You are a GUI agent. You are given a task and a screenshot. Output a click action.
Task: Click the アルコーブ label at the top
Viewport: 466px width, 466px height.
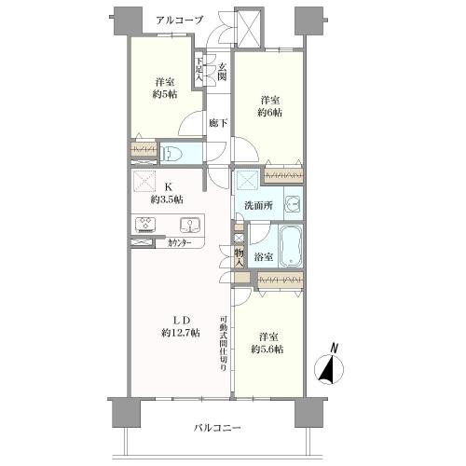pyautogui.click(x=180, y=19)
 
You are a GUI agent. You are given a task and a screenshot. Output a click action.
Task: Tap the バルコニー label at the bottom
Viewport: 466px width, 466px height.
pyautogui.click(x=217, y=428)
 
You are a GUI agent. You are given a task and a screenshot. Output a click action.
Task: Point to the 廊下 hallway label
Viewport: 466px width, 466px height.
pyautogui.click(x=215, y=122)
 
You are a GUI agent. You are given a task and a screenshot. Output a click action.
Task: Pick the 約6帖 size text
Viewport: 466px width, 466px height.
pyautogui.click(x=271, y=113)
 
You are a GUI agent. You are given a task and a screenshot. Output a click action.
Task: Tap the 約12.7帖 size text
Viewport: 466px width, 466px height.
pyautogui.click(x=180, y=333)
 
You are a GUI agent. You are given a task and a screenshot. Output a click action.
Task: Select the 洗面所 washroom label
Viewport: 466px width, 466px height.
pyautogui.click(x=258, y=205)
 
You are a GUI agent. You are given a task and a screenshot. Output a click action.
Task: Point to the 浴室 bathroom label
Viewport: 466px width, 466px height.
pyautogui.click(x=264, y=256)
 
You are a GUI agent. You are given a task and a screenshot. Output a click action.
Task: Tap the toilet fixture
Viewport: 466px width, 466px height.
pyautogui.click(x=172, y=154)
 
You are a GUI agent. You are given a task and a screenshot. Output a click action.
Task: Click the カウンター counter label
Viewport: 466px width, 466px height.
pyautogui.click(x=180, y=243)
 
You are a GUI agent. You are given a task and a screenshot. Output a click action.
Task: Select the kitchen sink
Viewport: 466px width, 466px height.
pyautogui.click(x=188, y=225)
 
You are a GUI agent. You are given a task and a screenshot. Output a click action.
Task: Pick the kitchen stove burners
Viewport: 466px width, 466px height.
pyautogui.click(x=147, y=224)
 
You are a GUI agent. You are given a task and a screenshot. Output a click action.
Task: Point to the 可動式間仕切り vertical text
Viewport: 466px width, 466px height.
pyautogui.click(x=224, y=340)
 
